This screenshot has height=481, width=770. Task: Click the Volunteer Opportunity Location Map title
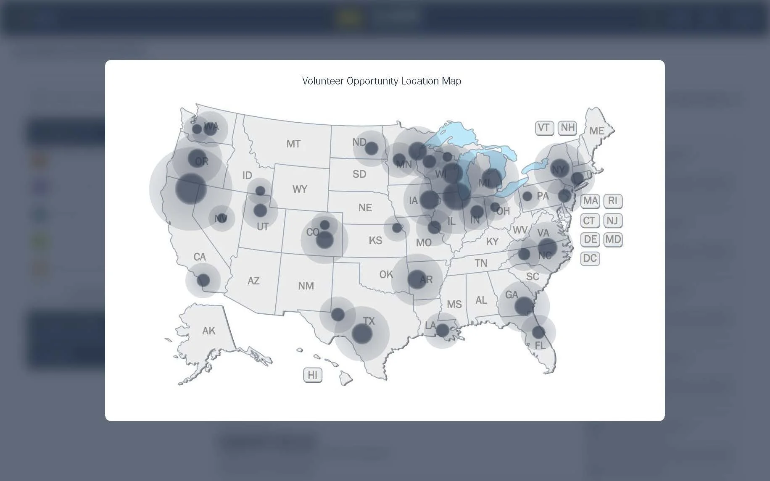point(382,81)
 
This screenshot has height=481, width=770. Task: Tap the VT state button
point(544,128)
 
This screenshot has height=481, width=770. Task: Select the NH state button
point(567,128)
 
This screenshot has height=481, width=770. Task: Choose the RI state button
point(613,201)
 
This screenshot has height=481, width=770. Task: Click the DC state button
point(590,258)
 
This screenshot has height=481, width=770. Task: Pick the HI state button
point(313,375)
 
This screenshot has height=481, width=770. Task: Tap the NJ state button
point(613,221)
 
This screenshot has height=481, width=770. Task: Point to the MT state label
point(293,144)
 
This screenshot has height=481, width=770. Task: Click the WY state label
point(300,189)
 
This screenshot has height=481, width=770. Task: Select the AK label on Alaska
point(208,331)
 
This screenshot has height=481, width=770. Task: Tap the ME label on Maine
point(596,131)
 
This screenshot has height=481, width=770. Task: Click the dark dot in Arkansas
point(417,279)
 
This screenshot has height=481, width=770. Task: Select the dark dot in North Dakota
point(371,148)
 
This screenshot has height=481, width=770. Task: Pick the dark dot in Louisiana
point(442,330)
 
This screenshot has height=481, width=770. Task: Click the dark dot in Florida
point(538,332)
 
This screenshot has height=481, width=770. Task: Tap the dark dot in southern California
point(203,280)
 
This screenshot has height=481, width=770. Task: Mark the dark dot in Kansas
point(397,228)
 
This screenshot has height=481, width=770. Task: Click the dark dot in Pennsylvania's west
point(527,196)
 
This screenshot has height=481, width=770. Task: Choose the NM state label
point(306,286)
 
